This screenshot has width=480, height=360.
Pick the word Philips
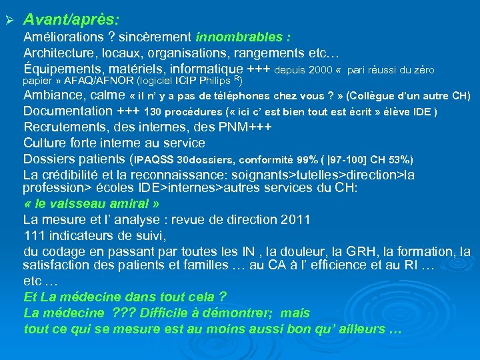pos(214,81)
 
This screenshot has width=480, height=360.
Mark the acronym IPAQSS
pos(155,160)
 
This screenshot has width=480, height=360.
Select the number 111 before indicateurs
pos(34,235)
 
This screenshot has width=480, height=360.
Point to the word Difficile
pos(164,312)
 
